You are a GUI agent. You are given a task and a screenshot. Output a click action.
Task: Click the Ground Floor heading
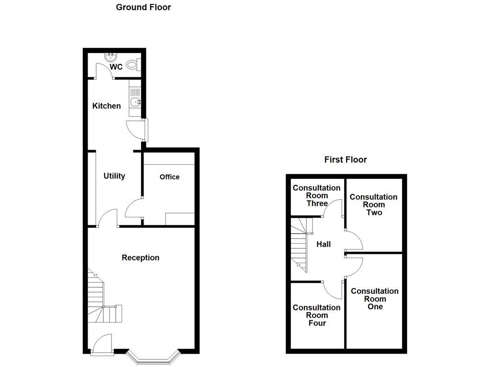143,7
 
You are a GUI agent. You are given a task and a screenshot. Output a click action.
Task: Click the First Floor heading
345,160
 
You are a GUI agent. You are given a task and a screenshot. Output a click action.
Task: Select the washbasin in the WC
111,57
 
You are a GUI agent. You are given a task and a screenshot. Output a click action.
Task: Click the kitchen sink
135,102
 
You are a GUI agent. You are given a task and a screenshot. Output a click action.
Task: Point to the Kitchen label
106,106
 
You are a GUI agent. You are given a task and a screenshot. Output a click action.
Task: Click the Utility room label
114,176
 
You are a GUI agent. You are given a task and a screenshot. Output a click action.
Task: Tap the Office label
169,177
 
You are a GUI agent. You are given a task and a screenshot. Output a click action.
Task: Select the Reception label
140,258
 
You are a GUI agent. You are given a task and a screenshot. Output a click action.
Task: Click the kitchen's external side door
136,130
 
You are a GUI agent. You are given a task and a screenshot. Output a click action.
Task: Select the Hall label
323,244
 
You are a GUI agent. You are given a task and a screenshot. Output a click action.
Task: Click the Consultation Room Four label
316,315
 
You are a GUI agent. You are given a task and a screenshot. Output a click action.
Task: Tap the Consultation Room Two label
374,205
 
